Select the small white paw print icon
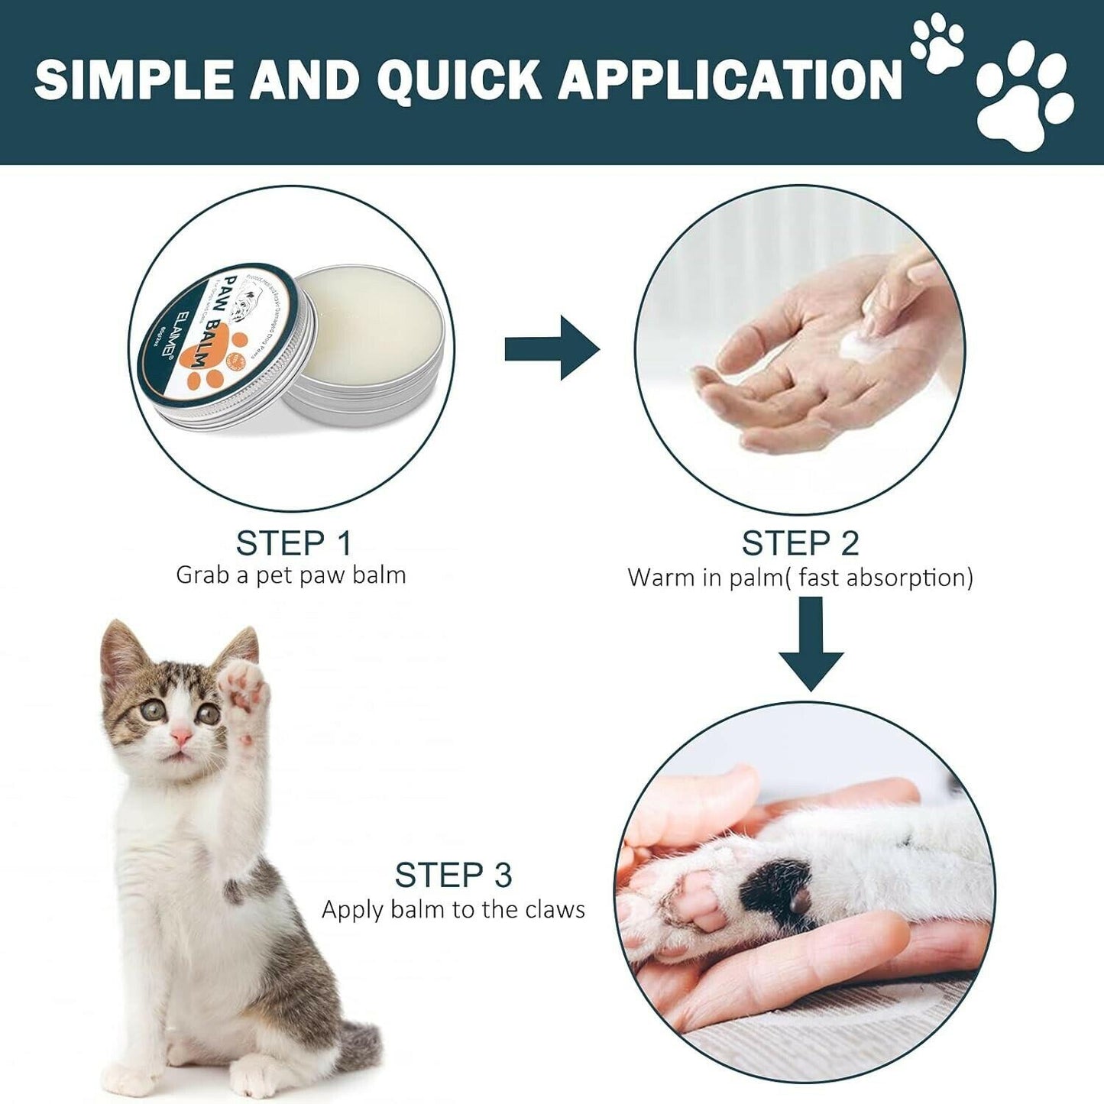click(x=938, y=44)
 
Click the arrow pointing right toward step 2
click(x=552, y=348)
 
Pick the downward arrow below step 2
click(x=811, y=643)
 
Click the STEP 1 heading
click(x=293, y=543)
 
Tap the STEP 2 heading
click(x=800, y=543)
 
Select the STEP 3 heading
click(x=453, y=875)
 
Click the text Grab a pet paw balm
click(x=291, y=575)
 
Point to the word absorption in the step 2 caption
click(x=908, y=578)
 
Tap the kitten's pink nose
click(x=181, y=736)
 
